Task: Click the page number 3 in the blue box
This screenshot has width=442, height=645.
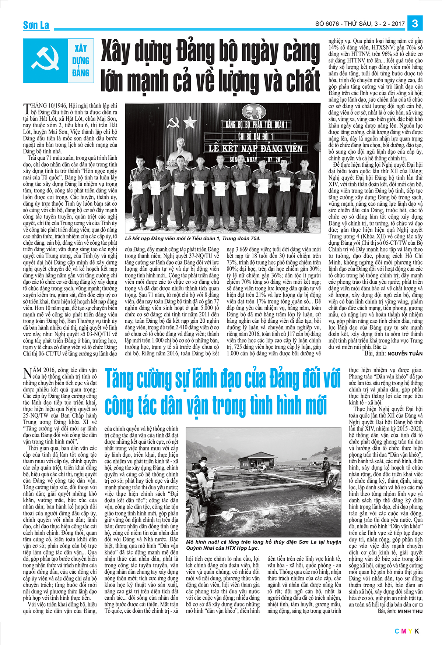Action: pyautogui.click(x=415, y=24)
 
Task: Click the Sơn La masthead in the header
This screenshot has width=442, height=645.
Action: pyautogui.click(x=36, y=25)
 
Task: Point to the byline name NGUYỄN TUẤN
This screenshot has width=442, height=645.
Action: pyautogui.click(x=405, y=354)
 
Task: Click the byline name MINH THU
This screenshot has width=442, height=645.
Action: pyautogui.click(x=410, y=611)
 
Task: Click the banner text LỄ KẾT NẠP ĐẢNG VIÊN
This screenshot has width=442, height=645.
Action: pyautogui.click(x=256, y=149)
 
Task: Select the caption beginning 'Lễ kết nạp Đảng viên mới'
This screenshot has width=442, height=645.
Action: pyautogui.click(x=193, y=238)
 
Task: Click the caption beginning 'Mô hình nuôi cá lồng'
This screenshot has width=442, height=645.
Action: pyautogui.click(x=263, y=545)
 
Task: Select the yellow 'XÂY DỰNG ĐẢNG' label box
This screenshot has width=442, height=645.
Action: pyautogui.click(x=81, y=61)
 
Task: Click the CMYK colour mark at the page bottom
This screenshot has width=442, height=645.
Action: pyautogui.click(x=407, y=631)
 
